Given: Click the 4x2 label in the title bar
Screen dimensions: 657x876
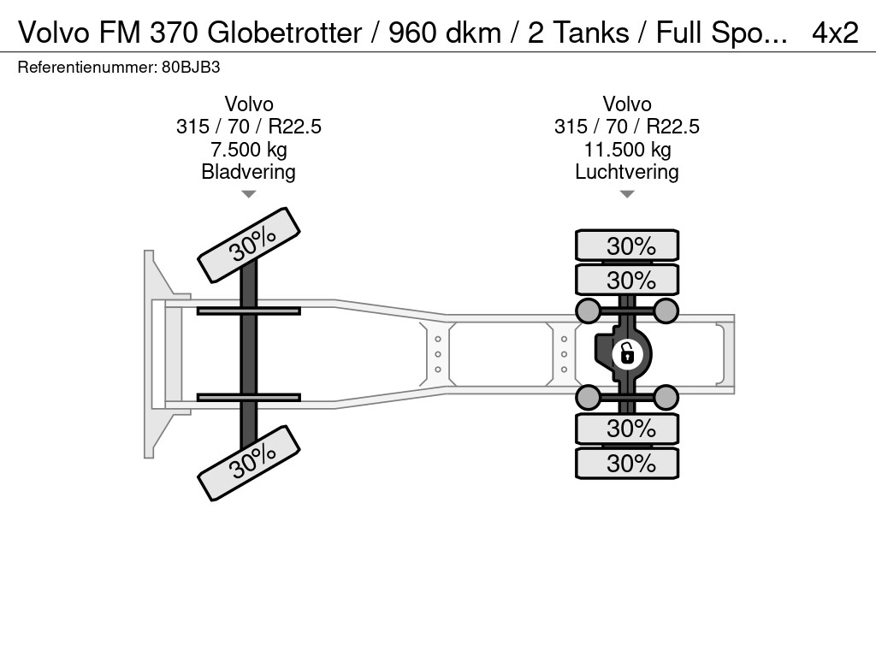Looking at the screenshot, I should (x=834, y=32).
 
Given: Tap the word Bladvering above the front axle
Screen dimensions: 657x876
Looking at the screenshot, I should (x=248, y=172).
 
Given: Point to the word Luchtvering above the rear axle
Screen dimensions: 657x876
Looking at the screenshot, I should (x=627, y=172).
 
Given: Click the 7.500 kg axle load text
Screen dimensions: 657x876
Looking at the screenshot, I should (x=248, y=150).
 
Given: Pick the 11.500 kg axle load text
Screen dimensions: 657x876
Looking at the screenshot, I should (x=627, y=150).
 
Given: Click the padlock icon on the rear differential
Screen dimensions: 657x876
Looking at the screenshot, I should (x=627, y=352).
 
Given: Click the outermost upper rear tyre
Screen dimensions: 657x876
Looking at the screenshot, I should (x=627, y=246).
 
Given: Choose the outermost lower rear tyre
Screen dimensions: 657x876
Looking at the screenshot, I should (x=627, y=464).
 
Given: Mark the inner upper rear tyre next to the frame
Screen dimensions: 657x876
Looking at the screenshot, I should (x=627, y=280).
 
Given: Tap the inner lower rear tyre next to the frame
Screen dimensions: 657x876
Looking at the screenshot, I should (x=627, y=428).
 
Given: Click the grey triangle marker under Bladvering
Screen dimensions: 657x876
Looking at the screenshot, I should (x=248, y=195).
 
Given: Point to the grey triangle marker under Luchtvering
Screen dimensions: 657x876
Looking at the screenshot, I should (x=627, y=195).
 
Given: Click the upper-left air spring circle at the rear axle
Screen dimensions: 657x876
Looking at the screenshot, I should (x=588, y=310).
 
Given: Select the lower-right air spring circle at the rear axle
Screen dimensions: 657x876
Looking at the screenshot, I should (x=666, y=396).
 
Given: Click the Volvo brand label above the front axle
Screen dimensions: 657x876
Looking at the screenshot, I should (x=248, y=104).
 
